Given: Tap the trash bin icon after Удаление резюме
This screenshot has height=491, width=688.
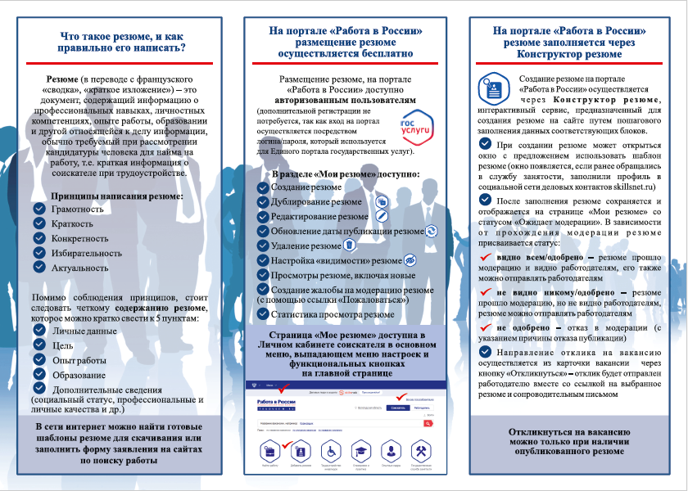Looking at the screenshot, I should (349, 245).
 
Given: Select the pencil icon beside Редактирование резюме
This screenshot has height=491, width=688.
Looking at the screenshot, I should (381, 216).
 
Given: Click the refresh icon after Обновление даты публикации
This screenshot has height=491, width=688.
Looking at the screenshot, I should (432, 231).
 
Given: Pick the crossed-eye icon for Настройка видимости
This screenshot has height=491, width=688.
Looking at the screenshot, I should (410, 260).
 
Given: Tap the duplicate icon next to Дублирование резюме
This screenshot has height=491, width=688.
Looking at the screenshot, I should (380, 201).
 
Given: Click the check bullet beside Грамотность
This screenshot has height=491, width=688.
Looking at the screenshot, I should (39, 209).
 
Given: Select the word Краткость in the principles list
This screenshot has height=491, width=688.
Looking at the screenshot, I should (72, 223).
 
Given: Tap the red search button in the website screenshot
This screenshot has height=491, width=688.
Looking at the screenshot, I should (428, 423).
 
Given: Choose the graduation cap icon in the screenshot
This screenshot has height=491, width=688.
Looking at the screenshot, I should (361, 451).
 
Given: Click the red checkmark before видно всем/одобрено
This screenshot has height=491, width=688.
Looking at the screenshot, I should (484, 258).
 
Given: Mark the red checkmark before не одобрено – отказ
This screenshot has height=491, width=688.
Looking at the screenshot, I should (484, 327).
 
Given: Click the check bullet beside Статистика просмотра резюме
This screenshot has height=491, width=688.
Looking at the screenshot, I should (263, 313).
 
